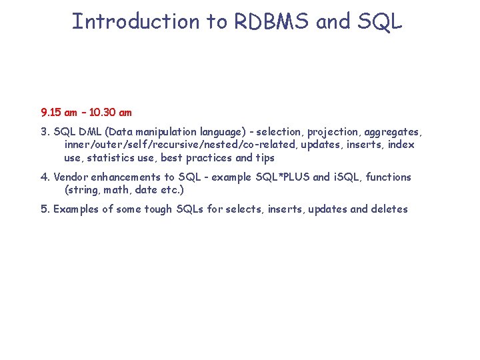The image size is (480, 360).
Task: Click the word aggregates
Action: coord(393,132)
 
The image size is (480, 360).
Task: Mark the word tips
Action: coord(264,158)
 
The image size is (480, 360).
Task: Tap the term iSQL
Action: coord(347,177)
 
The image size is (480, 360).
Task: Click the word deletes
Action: coord(389,209)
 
